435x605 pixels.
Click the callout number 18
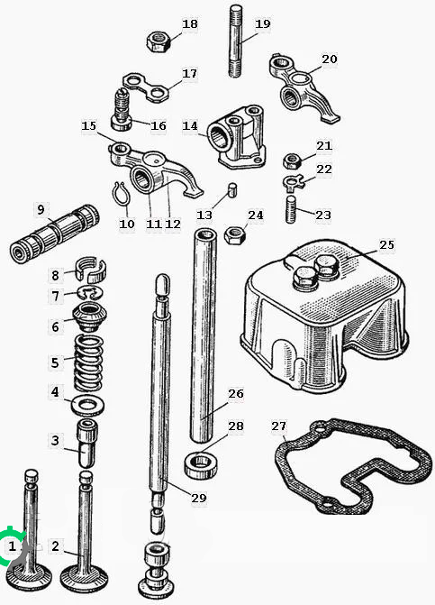(189, 24)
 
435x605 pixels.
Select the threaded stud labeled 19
(236, 41)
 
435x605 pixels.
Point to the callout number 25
(386, 245)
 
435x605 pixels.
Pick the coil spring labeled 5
(88, 362)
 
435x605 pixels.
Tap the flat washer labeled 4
(88, 405)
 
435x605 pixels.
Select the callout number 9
(41, 210)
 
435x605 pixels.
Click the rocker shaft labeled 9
(54, 233)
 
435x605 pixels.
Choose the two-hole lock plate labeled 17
(147, 87)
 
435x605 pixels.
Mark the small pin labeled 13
(232, 190)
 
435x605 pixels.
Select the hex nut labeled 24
(235, 235)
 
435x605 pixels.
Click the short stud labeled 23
(291, 209)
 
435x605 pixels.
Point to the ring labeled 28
(200, 464)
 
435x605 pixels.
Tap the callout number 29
(199, 498)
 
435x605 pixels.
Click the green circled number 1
(13, 546)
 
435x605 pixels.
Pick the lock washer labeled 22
(294, 183)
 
